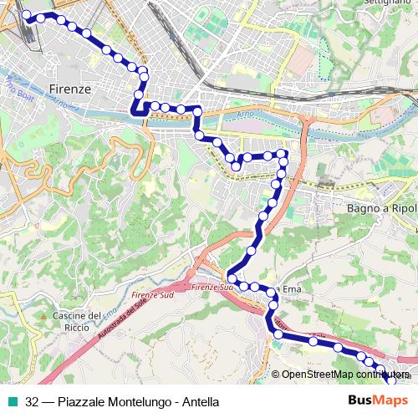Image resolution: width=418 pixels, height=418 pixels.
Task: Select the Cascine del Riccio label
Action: (77, 320)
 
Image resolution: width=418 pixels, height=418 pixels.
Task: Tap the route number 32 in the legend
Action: (32, 401)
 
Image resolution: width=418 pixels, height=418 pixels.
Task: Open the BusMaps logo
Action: (372, 401)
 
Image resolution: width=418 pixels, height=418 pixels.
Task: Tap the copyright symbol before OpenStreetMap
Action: (276, 375)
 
